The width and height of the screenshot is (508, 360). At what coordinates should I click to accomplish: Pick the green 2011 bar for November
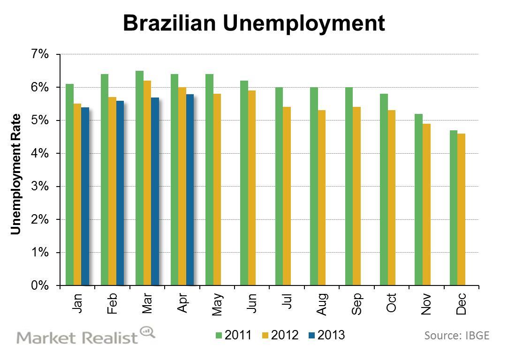[419, 199]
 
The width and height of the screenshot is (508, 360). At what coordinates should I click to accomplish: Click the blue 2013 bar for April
[190, 189]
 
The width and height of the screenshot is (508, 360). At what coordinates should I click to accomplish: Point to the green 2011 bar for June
[244, 183]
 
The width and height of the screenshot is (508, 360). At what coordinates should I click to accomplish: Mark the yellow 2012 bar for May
[217, 189]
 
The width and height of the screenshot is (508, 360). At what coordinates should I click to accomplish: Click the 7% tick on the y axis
[40, 54]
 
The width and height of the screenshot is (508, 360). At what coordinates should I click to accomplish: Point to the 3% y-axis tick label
[40, 187]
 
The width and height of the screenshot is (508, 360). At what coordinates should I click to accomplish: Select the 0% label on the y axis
[40, 285]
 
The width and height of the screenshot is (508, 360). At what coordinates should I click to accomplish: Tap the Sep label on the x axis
[356, 304]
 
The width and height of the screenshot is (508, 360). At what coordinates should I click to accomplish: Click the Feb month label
[112, 304]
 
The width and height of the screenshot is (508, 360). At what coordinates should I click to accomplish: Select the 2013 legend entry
[326, 335]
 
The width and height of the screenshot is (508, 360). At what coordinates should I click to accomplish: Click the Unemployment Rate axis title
[16, 174]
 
